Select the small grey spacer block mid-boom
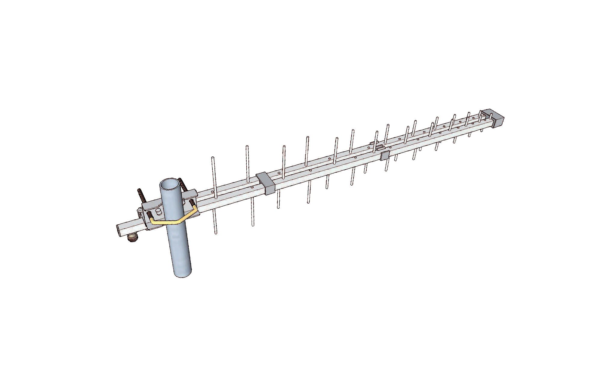click(x=385, y=155)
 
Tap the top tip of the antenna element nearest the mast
click(x=213, y=158)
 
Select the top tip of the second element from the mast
click(x=247, y=147)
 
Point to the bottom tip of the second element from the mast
click(x=253, y=224)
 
